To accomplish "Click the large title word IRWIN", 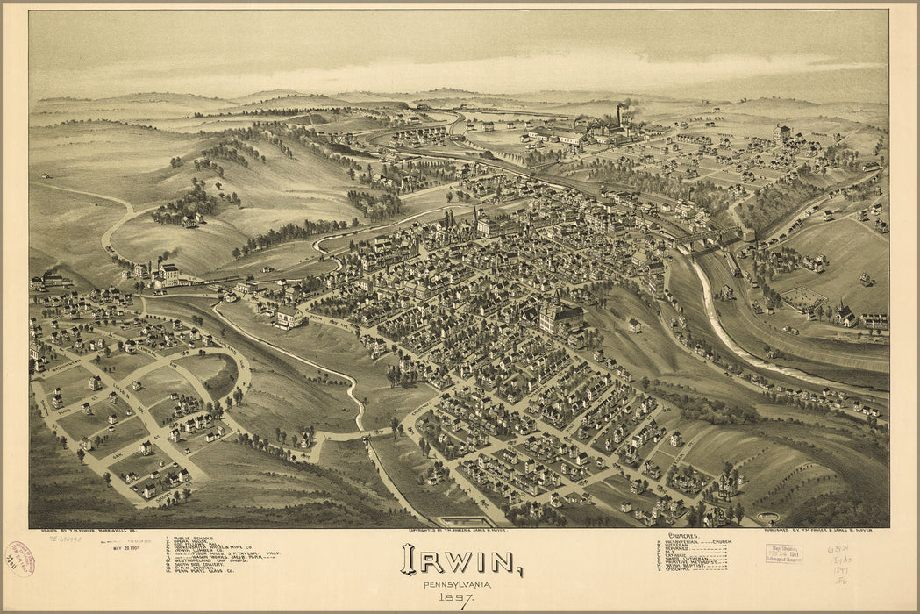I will (460, 560).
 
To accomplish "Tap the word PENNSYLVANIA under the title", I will (457, 585).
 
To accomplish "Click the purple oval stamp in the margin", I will (19, 559).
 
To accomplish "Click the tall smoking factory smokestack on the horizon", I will (619, 115).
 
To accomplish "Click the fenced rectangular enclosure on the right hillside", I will (802, 301).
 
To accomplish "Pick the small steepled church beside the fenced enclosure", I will (845, 314).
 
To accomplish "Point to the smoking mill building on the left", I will (165, 273).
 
